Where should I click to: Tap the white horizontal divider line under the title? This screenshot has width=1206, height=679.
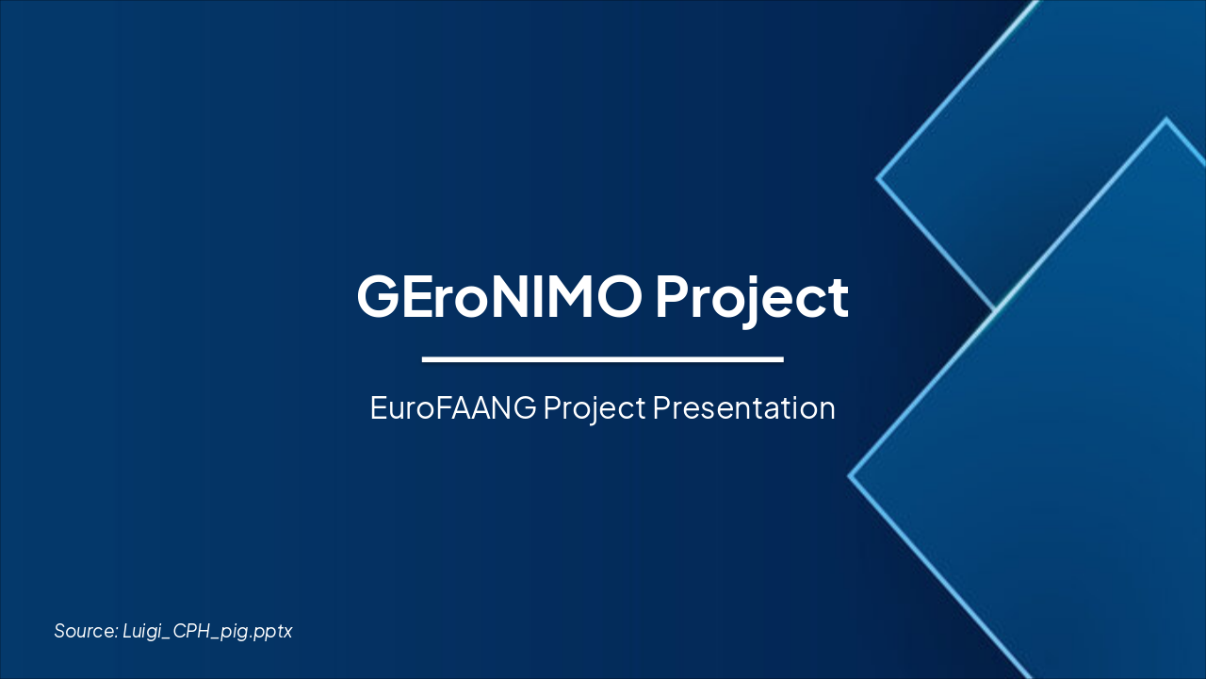pos(603,359)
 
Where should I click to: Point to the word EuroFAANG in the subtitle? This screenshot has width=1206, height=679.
pos(453,407)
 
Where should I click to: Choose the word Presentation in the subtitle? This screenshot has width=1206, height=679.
pos(744,407)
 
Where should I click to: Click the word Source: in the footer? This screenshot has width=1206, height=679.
pos(85,631)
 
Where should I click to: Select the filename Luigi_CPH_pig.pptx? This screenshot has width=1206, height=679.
pos(207,631)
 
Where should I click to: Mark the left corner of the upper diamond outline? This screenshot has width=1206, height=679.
pos(878,177)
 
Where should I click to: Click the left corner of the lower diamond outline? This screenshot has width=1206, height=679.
pos(850,476)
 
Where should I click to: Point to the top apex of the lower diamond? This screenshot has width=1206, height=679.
pos(1166,120)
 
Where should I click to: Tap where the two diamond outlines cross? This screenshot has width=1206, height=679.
pos(995,308)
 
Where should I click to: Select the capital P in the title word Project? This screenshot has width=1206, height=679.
pos(672,296)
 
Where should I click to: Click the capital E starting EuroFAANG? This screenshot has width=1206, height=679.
pos(379,407)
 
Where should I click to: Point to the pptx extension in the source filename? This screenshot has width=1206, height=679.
pos(275,632)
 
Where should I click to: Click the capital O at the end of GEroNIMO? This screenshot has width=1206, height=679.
pos(623,296)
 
